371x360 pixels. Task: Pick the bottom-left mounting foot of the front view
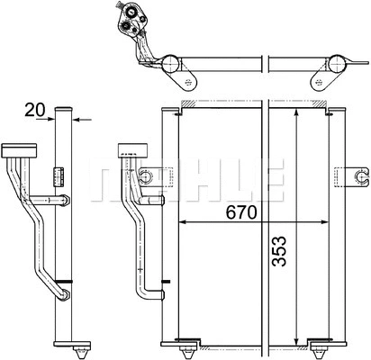point(185,343)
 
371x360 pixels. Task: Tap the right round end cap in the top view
point(336,64)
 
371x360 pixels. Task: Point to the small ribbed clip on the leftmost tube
point(59,173)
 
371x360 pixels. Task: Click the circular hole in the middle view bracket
point(145,175)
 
